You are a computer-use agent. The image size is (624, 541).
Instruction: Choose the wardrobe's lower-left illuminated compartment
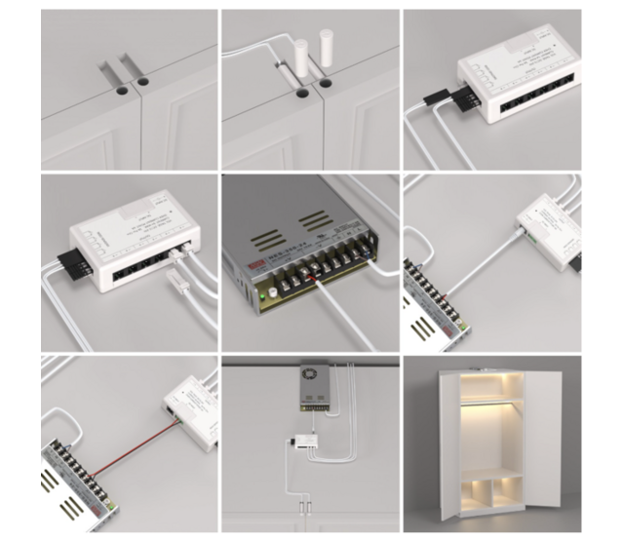point(477,492)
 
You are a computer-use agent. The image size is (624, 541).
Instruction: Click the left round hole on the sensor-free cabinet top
point(120,89)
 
